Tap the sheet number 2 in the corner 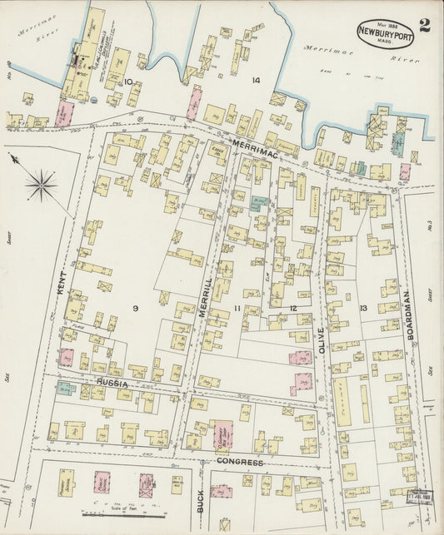425,24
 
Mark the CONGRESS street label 240,462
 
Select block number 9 133,308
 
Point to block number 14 255,80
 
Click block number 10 129,81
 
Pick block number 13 362,309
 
